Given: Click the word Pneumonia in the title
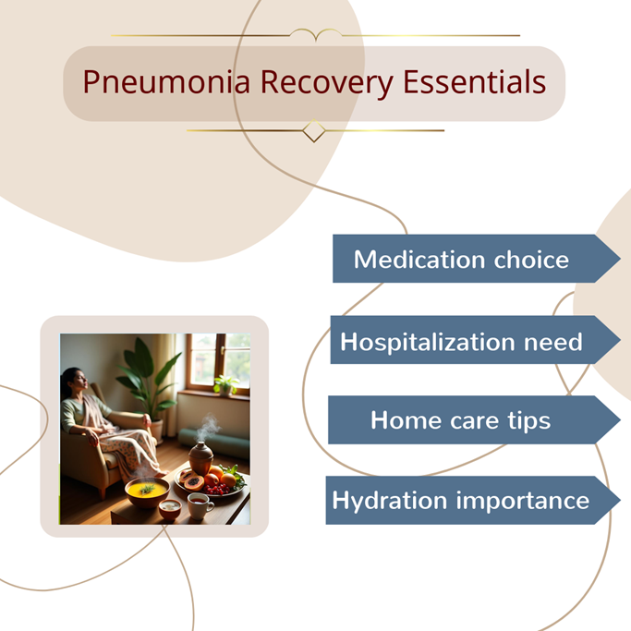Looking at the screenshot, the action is point(166,82).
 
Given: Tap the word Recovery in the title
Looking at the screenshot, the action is point(327,84).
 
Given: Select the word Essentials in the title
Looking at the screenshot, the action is point(475,81).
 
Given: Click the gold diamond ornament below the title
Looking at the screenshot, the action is point(314,131).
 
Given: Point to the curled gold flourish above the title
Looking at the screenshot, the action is point(316,34).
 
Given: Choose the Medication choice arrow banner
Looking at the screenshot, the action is point(476,259).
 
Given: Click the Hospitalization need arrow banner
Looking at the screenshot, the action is point(475,340).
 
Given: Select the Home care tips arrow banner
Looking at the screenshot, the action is point(474,419).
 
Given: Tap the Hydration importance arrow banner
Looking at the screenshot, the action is point(472,500).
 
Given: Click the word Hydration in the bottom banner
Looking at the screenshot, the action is point(390,502).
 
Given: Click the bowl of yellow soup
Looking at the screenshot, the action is point(147,492).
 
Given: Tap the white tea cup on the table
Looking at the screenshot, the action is point(200,505).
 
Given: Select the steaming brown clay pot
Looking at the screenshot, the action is point(200,458).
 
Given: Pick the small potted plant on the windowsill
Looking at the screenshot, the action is point(225,385).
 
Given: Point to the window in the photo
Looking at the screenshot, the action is point(218,364).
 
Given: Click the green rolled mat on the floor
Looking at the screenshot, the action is point(213,443).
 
